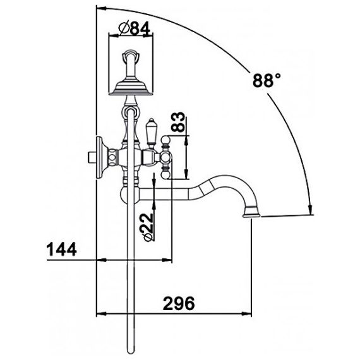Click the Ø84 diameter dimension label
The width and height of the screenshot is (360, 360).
pyautogui.click(x=134, y=28)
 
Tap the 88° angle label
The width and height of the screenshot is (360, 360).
pyautogui.click(x=267, y=80)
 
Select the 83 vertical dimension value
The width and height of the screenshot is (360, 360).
pyautogui.click(x=178, y=122)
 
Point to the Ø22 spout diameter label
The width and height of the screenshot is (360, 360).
pyautogui.click(x=148, y=227)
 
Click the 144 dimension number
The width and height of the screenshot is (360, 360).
pyautogui.click(x=61, y=249)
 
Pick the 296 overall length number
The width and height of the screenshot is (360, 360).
pyautogui.click(x=179, y=303)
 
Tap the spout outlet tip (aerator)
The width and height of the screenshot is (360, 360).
pyautogui.click(x=251, y=212)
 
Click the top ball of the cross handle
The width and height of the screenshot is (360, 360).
pyautogui.click(x=165, y=140)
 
